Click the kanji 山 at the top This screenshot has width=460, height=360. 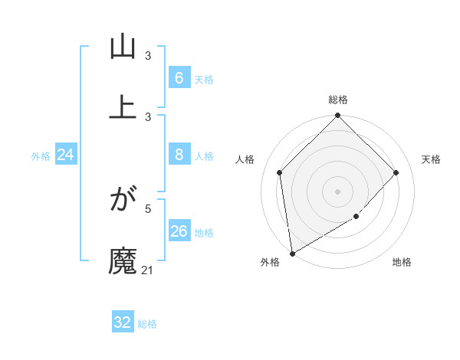pos(122,47)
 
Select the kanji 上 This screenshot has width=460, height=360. pos(122,106)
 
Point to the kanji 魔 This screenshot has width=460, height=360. pos(122,260)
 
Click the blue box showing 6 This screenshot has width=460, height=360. pos(179,78)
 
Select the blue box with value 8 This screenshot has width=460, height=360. pos(179,155)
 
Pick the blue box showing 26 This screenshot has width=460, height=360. pos(179,231)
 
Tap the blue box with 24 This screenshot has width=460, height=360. pos(66,155)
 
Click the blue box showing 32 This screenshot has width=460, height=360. pos(122,322)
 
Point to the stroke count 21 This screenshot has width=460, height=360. pos(147,270)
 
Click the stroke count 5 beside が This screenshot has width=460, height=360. pos(148,208)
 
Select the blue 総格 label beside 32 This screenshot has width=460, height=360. pos(147,324)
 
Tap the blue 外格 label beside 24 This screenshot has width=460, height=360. pos(41,156)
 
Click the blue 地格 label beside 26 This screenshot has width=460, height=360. pos(204,233)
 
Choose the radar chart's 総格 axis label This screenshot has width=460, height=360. pos(338,100)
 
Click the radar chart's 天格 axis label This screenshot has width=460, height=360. pos(431,159)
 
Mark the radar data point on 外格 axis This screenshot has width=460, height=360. pos(292,254)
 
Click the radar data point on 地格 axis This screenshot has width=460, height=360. pos(356,217)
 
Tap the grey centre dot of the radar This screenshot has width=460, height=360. pos(338,191)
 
